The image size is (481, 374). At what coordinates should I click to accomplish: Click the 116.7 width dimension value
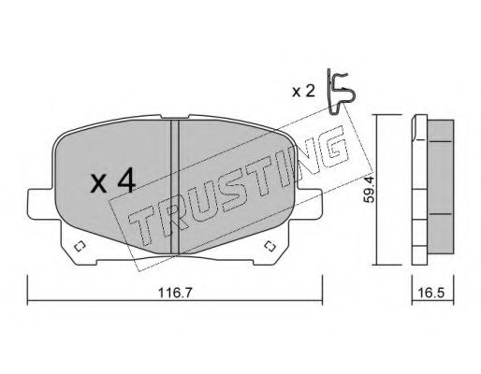(x=175, y=293)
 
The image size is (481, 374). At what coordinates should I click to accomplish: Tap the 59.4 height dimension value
(x=369, y=189)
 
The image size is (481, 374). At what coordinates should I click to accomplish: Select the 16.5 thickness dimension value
(x=432, y=293)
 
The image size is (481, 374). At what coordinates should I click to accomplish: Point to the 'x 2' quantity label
(x=303, y=92)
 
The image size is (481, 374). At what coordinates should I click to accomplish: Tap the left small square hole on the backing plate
(x=80, y=247)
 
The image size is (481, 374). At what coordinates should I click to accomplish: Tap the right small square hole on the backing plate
(x=270, y=246)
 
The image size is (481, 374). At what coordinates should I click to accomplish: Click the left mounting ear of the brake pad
(x=42, y=205)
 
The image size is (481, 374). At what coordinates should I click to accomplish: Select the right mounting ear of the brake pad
(x=308, y=204)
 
